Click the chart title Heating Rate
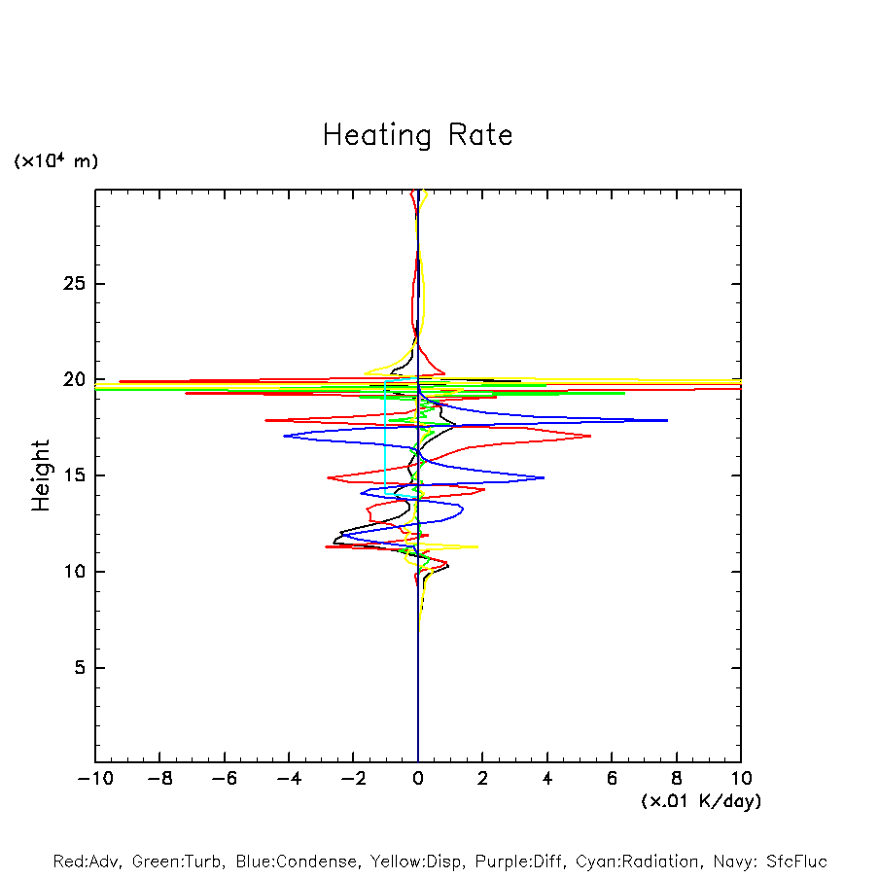417,135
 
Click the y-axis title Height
41,475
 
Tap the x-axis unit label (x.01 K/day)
700,801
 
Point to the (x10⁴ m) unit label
55,161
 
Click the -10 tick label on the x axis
95,779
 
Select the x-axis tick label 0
418,779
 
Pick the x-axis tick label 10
740,779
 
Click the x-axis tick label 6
612,779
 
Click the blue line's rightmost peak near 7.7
667,420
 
